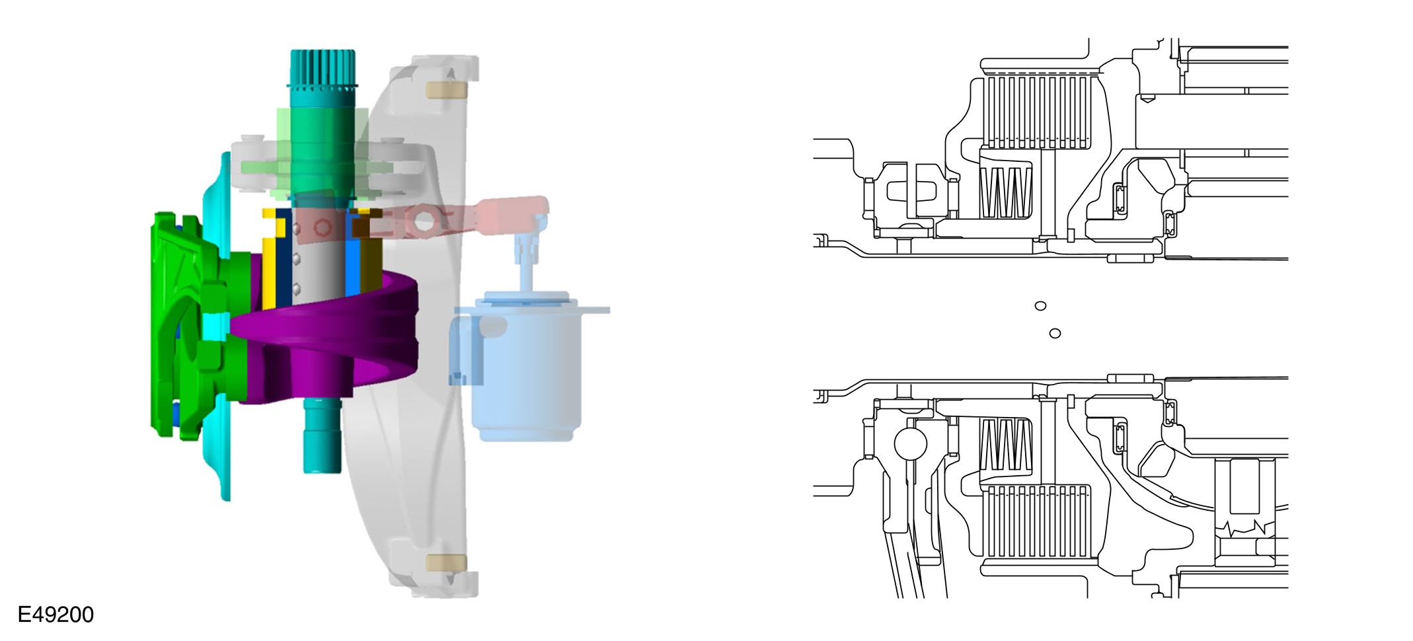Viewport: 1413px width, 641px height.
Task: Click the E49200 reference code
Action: (x=56, y=615)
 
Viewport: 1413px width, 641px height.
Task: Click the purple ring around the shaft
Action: (x=330, y=337)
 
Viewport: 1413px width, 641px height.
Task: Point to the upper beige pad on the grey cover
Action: (x=447, y=89)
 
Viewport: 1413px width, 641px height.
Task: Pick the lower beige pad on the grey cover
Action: (x=447, y=563)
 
